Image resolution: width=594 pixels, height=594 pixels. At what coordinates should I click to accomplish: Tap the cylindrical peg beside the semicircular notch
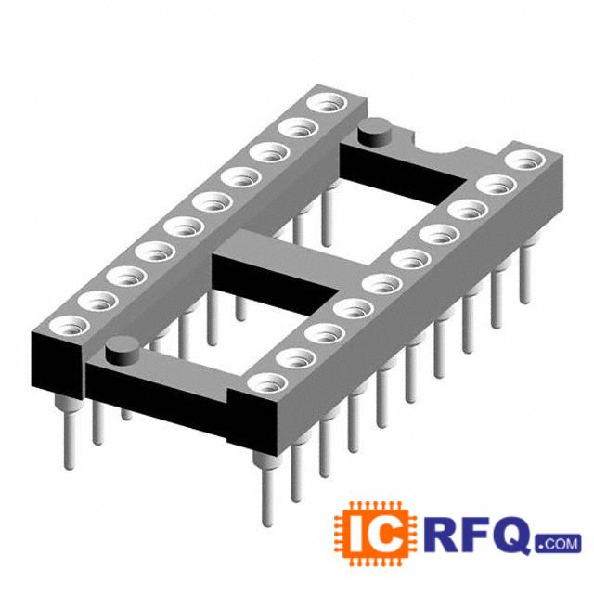(x=374, y=132)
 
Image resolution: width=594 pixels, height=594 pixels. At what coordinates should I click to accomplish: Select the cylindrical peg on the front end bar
(x=123, y=351)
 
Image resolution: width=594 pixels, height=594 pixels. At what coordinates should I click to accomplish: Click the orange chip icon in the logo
(x=375, y=534)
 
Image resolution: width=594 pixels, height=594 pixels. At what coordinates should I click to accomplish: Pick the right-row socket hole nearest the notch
(x=525, y=160)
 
